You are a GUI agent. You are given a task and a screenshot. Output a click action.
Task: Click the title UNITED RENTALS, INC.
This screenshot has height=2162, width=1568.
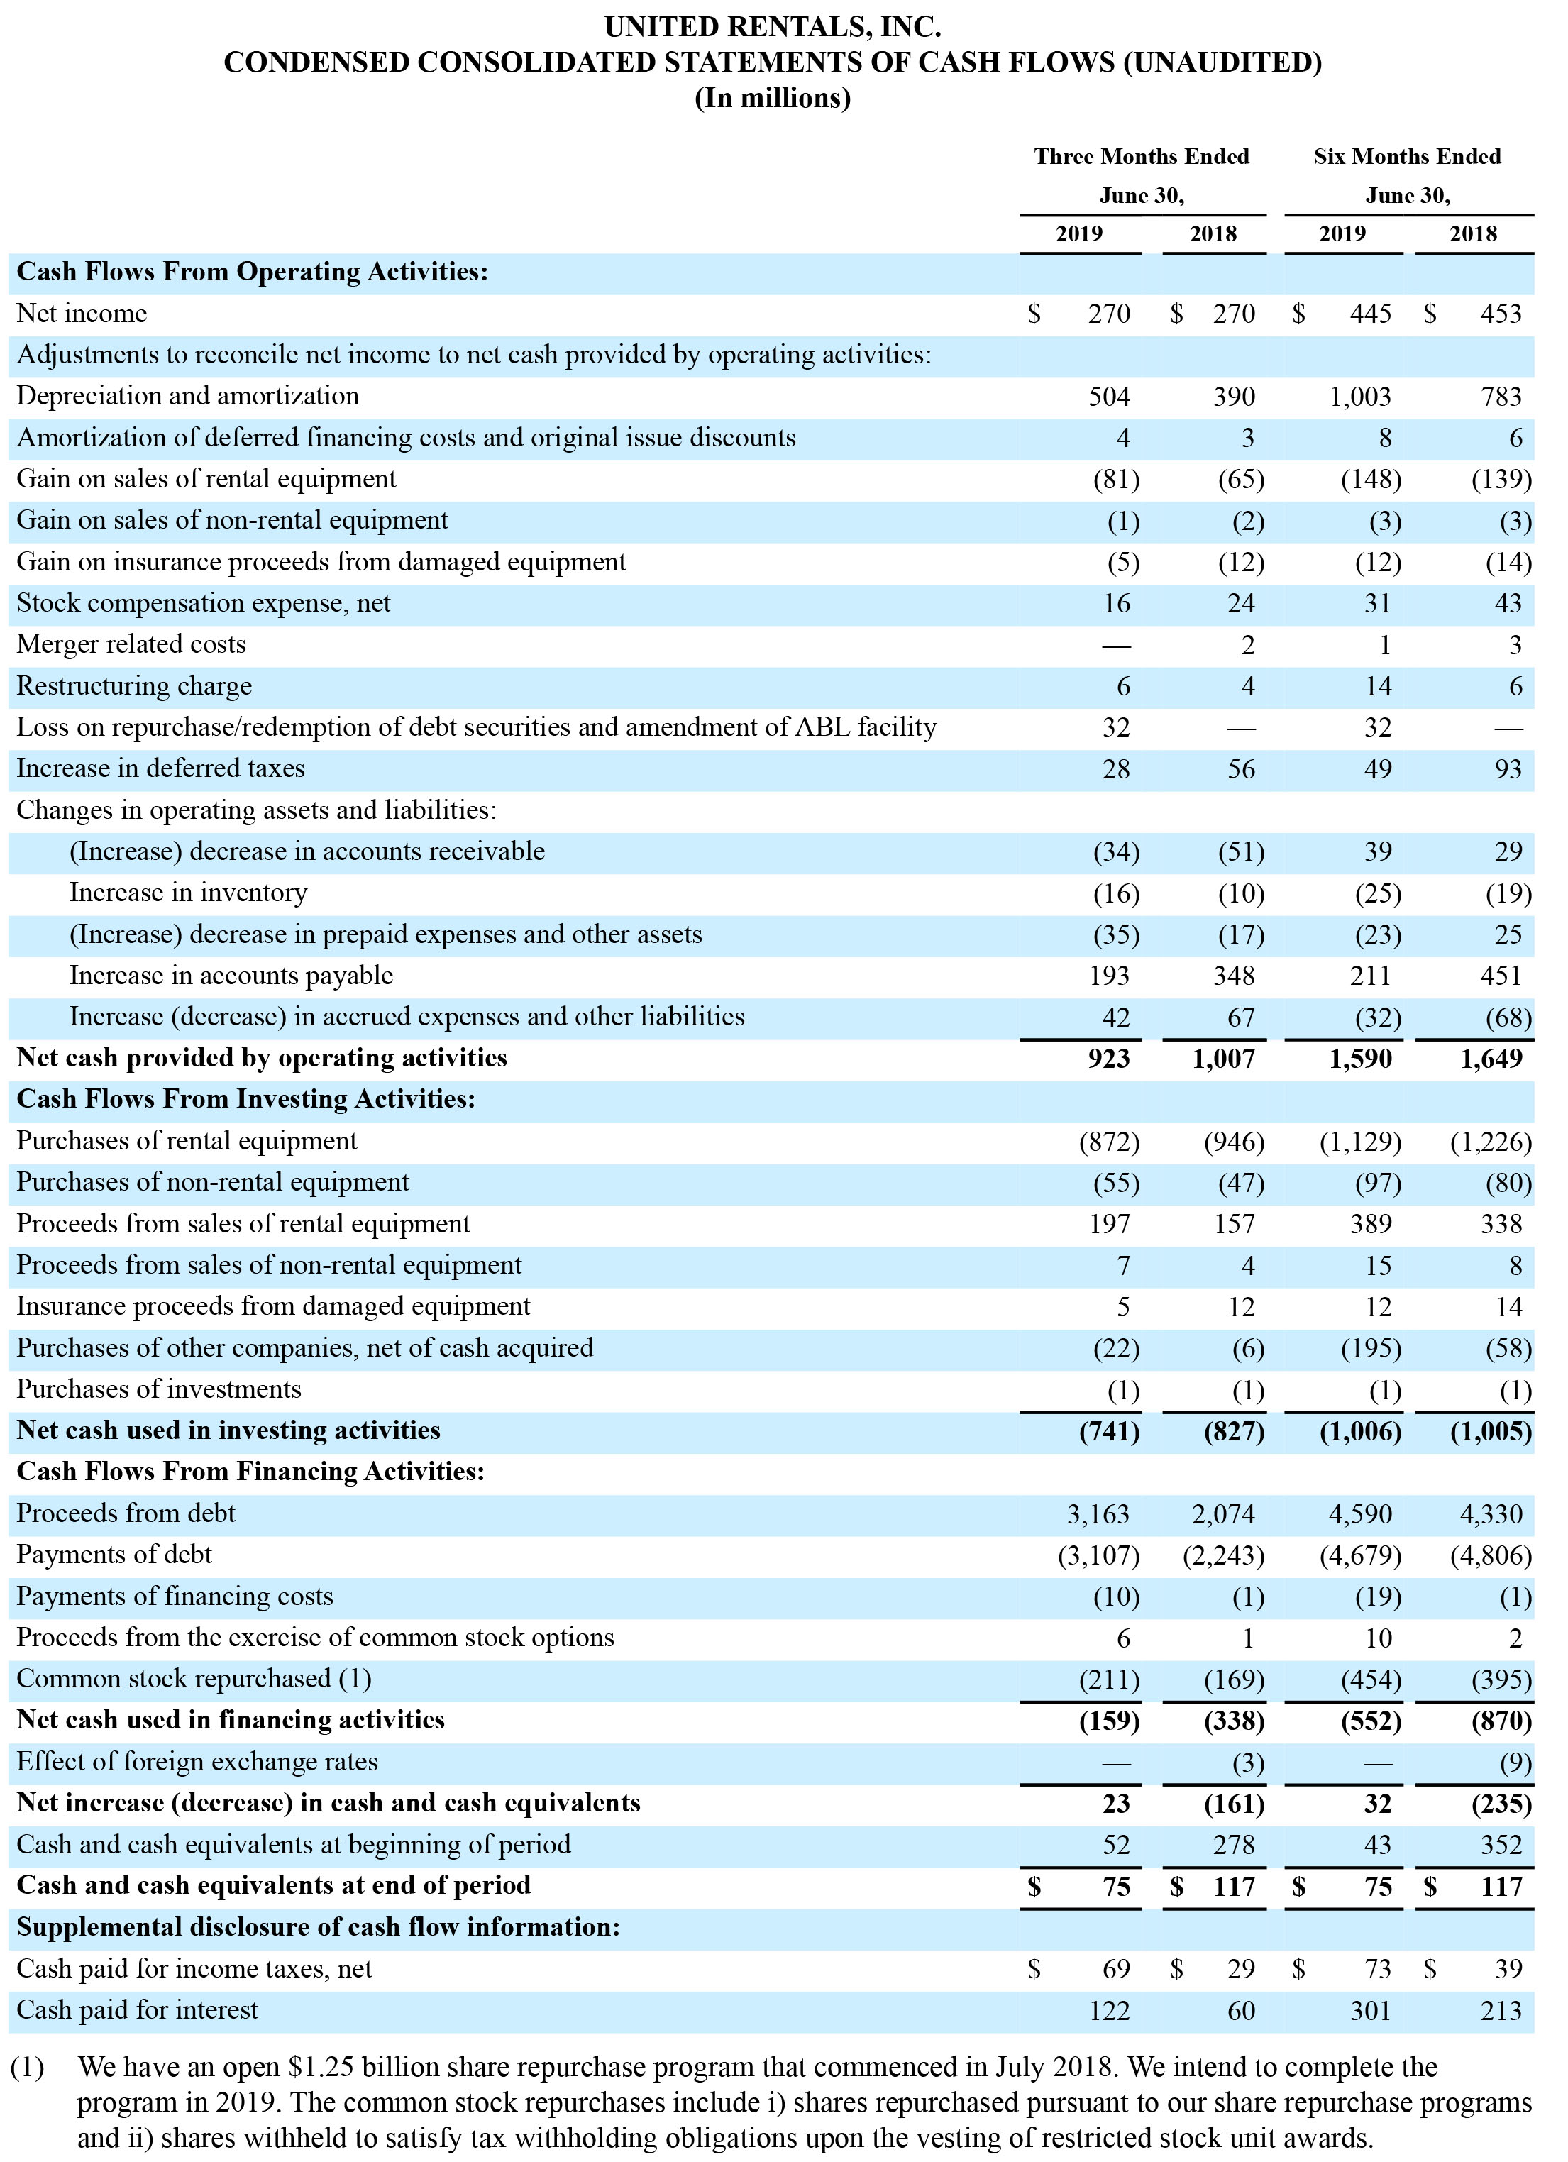coord(773,27)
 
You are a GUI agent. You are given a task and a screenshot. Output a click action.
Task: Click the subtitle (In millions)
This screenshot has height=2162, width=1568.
coord(773,98)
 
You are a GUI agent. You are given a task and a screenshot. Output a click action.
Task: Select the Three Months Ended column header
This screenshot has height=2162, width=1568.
coord(1142,156)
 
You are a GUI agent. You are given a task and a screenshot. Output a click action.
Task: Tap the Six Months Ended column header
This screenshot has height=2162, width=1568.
coord(1407,156)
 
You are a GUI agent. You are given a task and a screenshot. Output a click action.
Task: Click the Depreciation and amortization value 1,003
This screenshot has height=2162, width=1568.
coord(1360,397)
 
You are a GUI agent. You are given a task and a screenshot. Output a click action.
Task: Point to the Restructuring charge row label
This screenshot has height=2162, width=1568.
coord(134,686)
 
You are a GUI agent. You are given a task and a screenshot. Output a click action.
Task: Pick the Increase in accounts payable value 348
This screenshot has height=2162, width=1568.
coord(1235,976)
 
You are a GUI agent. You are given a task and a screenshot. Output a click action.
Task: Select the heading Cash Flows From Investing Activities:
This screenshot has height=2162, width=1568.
coord(246,1099)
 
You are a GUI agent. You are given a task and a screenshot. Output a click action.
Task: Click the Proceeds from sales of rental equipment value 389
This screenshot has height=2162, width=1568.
coord(1371,1225)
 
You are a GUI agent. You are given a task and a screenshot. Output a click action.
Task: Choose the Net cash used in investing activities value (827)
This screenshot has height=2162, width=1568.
coord(1235,1432)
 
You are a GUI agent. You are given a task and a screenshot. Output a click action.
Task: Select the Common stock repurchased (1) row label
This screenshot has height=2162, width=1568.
coord(194,1679)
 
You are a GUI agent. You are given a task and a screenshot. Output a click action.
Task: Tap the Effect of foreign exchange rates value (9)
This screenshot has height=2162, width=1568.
coord(1515,1763)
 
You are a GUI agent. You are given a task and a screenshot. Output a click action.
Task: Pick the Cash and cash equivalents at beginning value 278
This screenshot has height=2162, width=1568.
coord(1235,1846)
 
